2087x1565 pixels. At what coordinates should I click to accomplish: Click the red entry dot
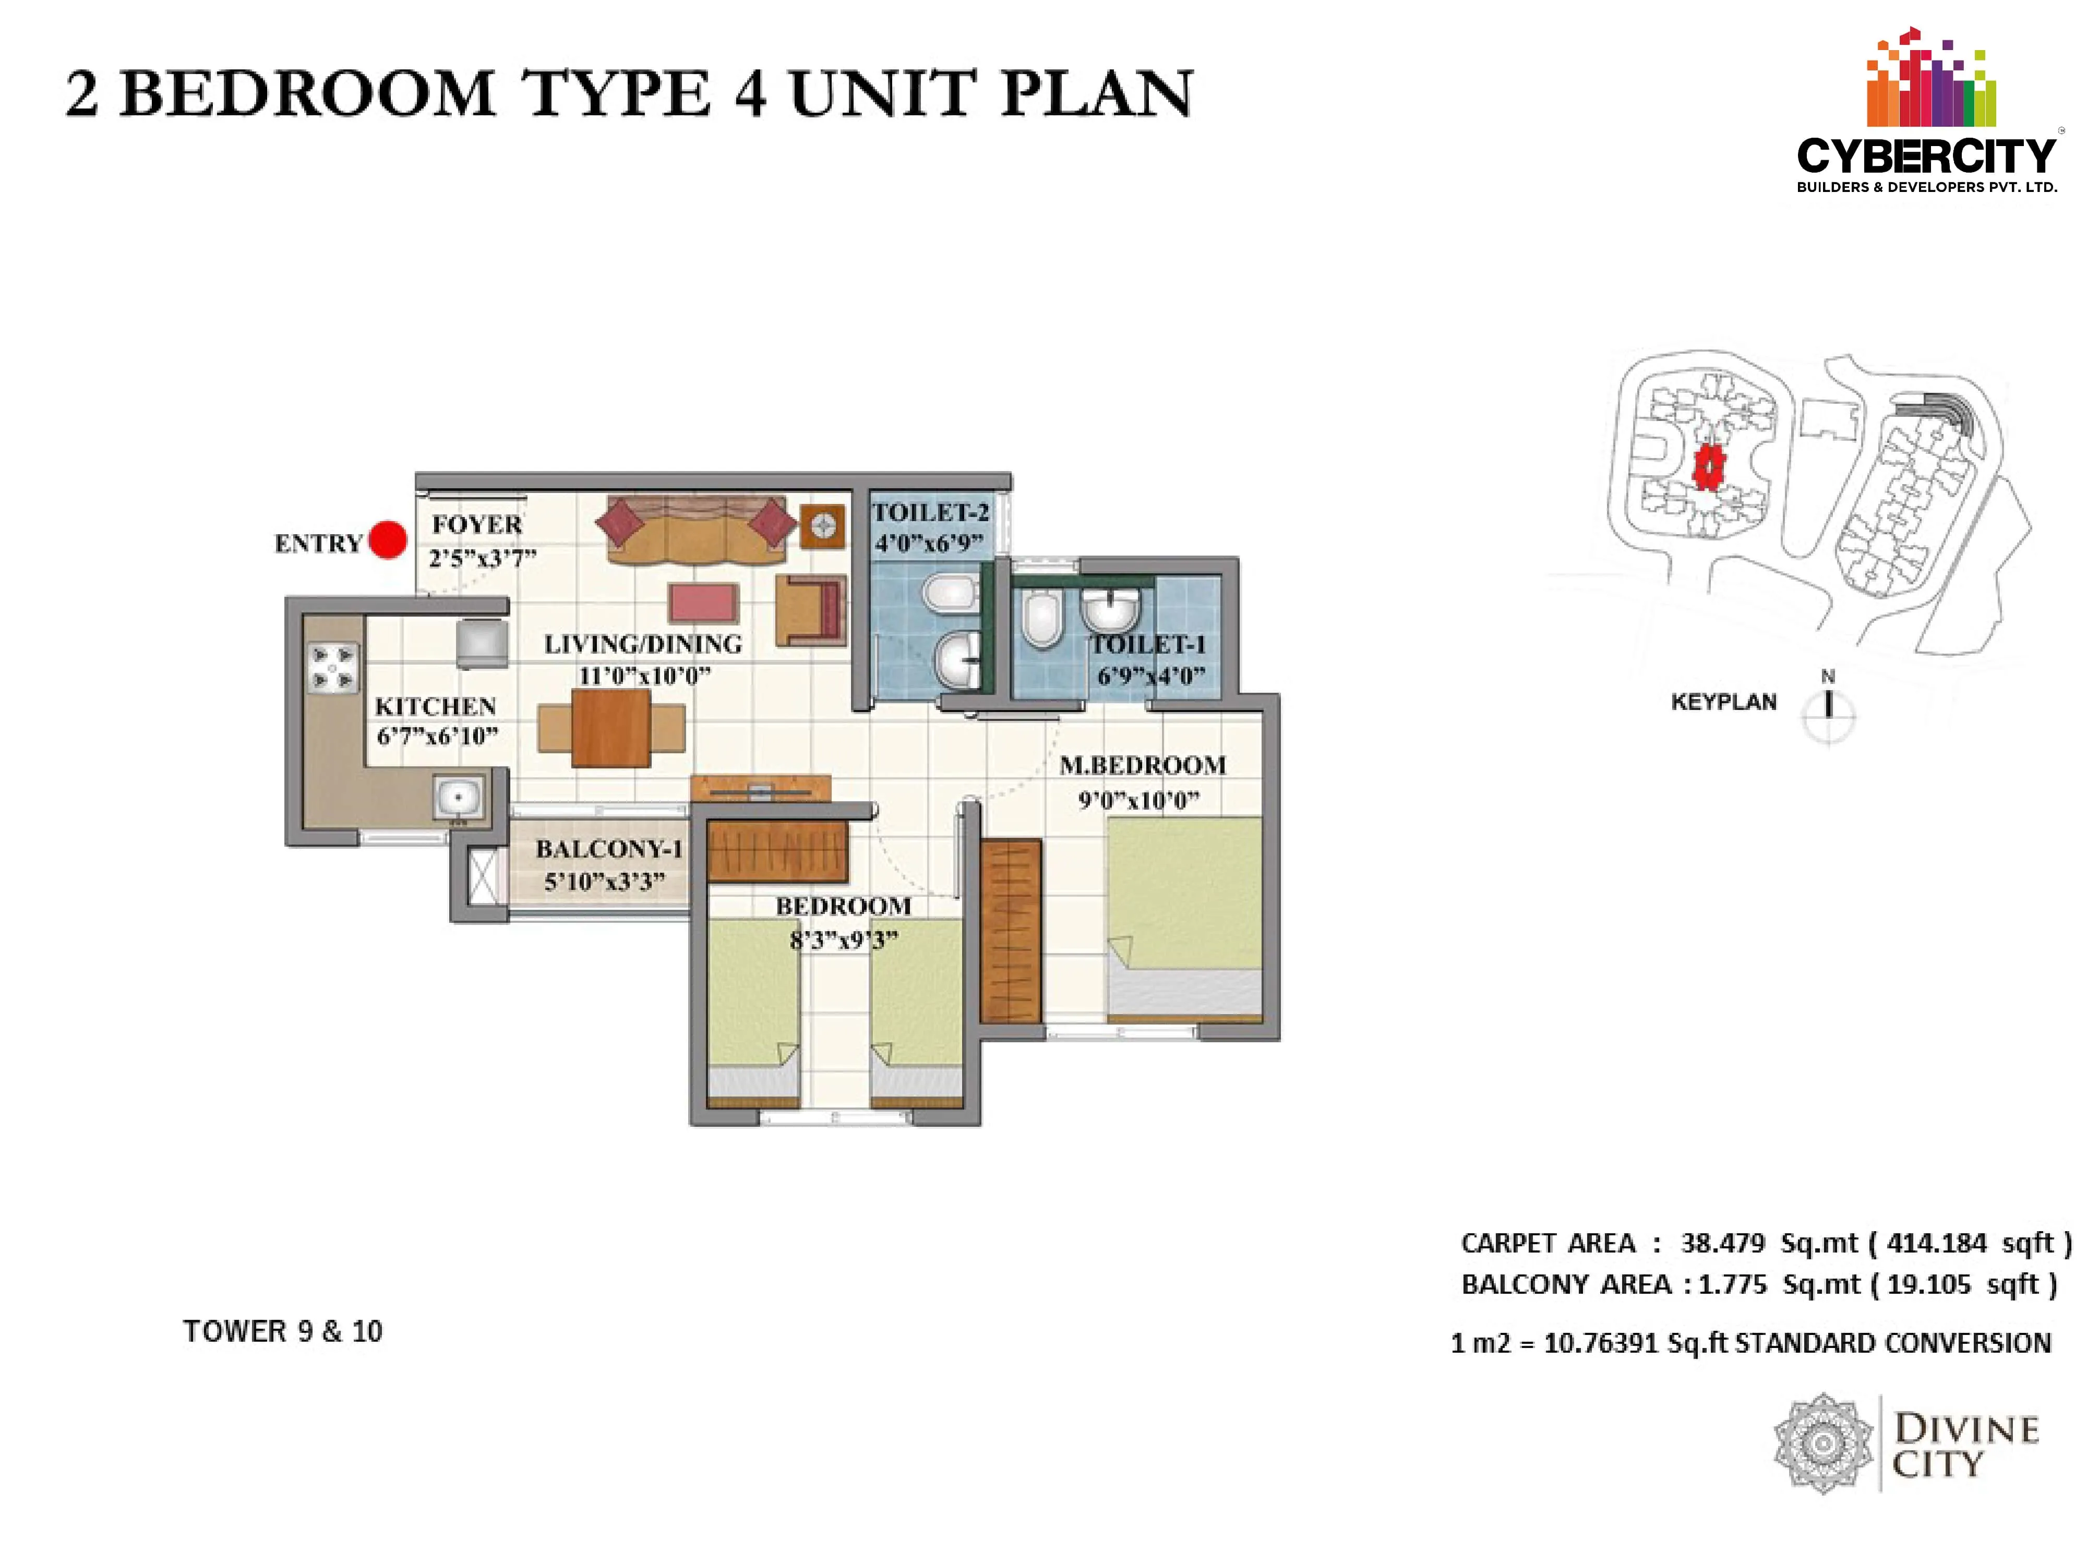coord(387,540)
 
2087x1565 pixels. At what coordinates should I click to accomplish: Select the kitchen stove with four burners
coord(333,667)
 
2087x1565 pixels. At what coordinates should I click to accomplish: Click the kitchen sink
coord(460,797)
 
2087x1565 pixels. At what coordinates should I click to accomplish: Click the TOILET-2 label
coord(930,512)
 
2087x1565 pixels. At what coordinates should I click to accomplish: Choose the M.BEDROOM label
coord(1143,765)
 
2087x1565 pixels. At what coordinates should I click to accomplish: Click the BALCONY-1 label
coord(608,849)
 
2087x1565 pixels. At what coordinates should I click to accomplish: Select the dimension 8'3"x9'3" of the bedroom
coord(844,940)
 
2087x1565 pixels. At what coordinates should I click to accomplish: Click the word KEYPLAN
coord(1724,702)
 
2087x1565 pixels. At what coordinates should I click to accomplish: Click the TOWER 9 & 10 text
coord(283,1331)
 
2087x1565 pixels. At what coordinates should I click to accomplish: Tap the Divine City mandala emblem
coord(1823,1443)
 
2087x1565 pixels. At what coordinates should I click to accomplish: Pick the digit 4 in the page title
coord(750,94)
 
